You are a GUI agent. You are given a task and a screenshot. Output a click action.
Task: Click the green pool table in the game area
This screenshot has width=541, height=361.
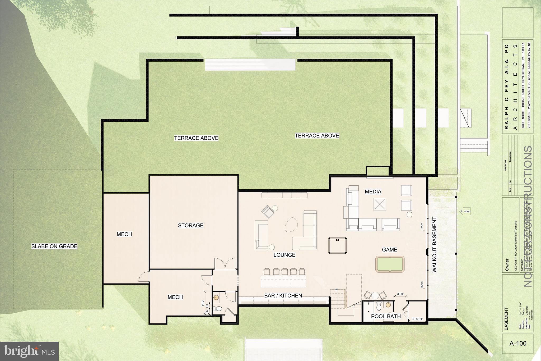pyautogui.click(x=390, y=264)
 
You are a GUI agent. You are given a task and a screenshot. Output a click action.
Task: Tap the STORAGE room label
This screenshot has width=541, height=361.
pyautogui.click(x=190, y=225)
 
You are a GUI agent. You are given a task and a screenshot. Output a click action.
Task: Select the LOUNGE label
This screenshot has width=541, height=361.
pyautogui.click(x=284, y=255)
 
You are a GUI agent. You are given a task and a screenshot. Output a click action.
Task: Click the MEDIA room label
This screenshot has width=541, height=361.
pyautogui.click(x=373, y=191)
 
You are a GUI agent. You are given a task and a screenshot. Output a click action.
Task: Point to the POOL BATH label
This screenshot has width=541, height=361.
pyautogui.click(x=386, y=316)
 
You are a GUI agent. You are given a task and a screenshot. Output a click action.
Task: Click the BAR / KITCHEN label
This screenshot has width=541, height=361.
pyautogui.click(x=283, y=296)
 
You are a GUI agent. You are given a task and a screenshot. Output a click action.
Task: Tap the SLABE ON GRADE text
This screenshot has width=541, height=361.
pyautogui.click(x=54, y=246)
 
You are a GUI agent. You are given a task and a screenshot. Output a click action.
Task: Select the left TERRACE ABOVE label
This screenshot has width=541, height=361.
pyautogui.click(x=196, y=138)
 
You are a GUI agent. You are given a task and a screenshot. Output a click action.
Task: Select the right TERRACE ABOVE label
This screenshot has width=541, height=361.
pyautogui.click(x=317, y=136)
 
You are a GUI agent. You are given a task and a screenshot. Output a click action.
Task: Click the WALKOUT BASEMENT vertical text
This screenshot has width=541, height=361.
pyautogui.click(x=434, y=245)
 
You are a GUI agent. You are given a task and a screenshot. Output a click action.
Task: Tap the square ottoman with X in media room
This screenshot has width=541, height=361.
pyautogui.click(x=380, y=204)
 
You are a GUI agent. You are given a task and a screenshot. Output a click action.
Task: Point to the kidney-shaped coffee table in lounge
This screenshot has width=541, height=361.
pyautogui.click(x=291, y=225)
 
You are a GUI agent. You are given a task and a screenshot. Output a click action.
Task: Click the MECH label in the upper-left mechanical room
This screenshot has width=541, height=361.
pyautogui.click(x=124, y=234)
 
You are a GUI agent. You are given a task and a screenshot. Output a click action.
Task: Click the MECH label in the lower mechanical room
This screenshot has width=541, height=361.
pyautogui.click(x=175, y=297)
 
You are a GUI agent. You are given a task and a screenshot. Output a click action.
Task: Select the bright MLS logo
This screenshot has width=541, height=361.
pyautogui.click(x=29, y=351)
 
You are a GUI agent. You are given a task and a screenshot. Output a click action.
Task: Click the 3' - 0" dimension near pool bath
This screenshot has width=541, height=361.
pyautogui.click(x=400, y=294)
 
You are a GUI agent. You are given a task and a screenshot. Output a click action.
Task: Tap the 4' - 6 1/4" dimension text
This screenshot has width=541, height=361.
pyautogui.click(x=419, y=319)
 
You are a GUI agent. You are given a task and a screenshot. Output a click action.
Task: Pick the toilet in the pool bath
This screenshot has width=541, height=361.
pyautogui.click(x=379, y=307)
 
